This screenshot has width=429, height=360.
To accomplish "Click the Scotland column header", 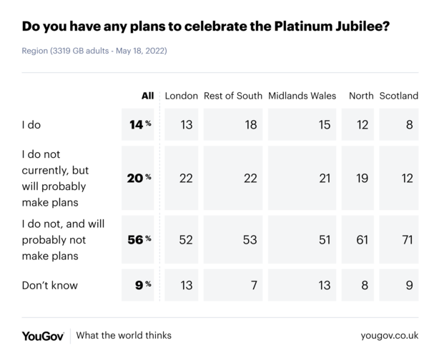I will pos(398,96).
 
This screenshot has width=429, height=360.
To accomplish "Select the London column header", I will pos(182,96).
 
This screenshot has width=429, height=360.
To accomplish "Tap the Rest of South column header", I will pos(233,96).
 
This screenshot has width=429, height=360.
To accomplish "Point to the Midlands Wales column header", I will pos(302,96).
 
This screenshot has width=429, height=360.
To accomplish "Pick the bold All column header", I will pos(148,96).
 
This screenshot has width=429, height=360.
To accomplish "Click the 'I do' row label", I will pos(31,124).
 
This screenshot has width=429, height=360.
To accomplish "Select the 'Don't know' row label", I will pos(50,286).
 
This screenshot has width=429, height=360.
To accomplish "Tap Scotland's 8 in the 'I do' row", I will pos(409,124).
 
